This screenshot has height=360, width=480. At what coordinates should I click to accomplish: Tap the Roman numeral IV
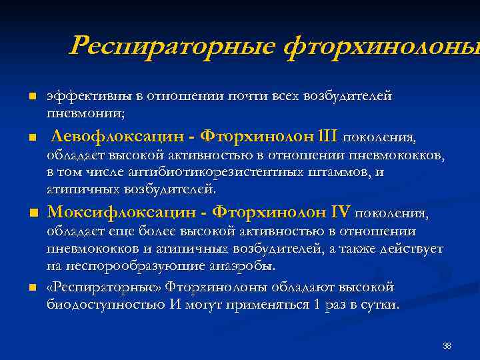tap(340, 213)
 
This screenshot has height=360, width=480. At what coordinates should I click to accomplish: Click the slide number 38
tap(447, 345)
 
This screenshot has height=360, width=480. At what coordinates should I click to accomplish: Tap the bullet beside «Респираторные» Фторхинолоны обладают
tap(31, 288)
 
